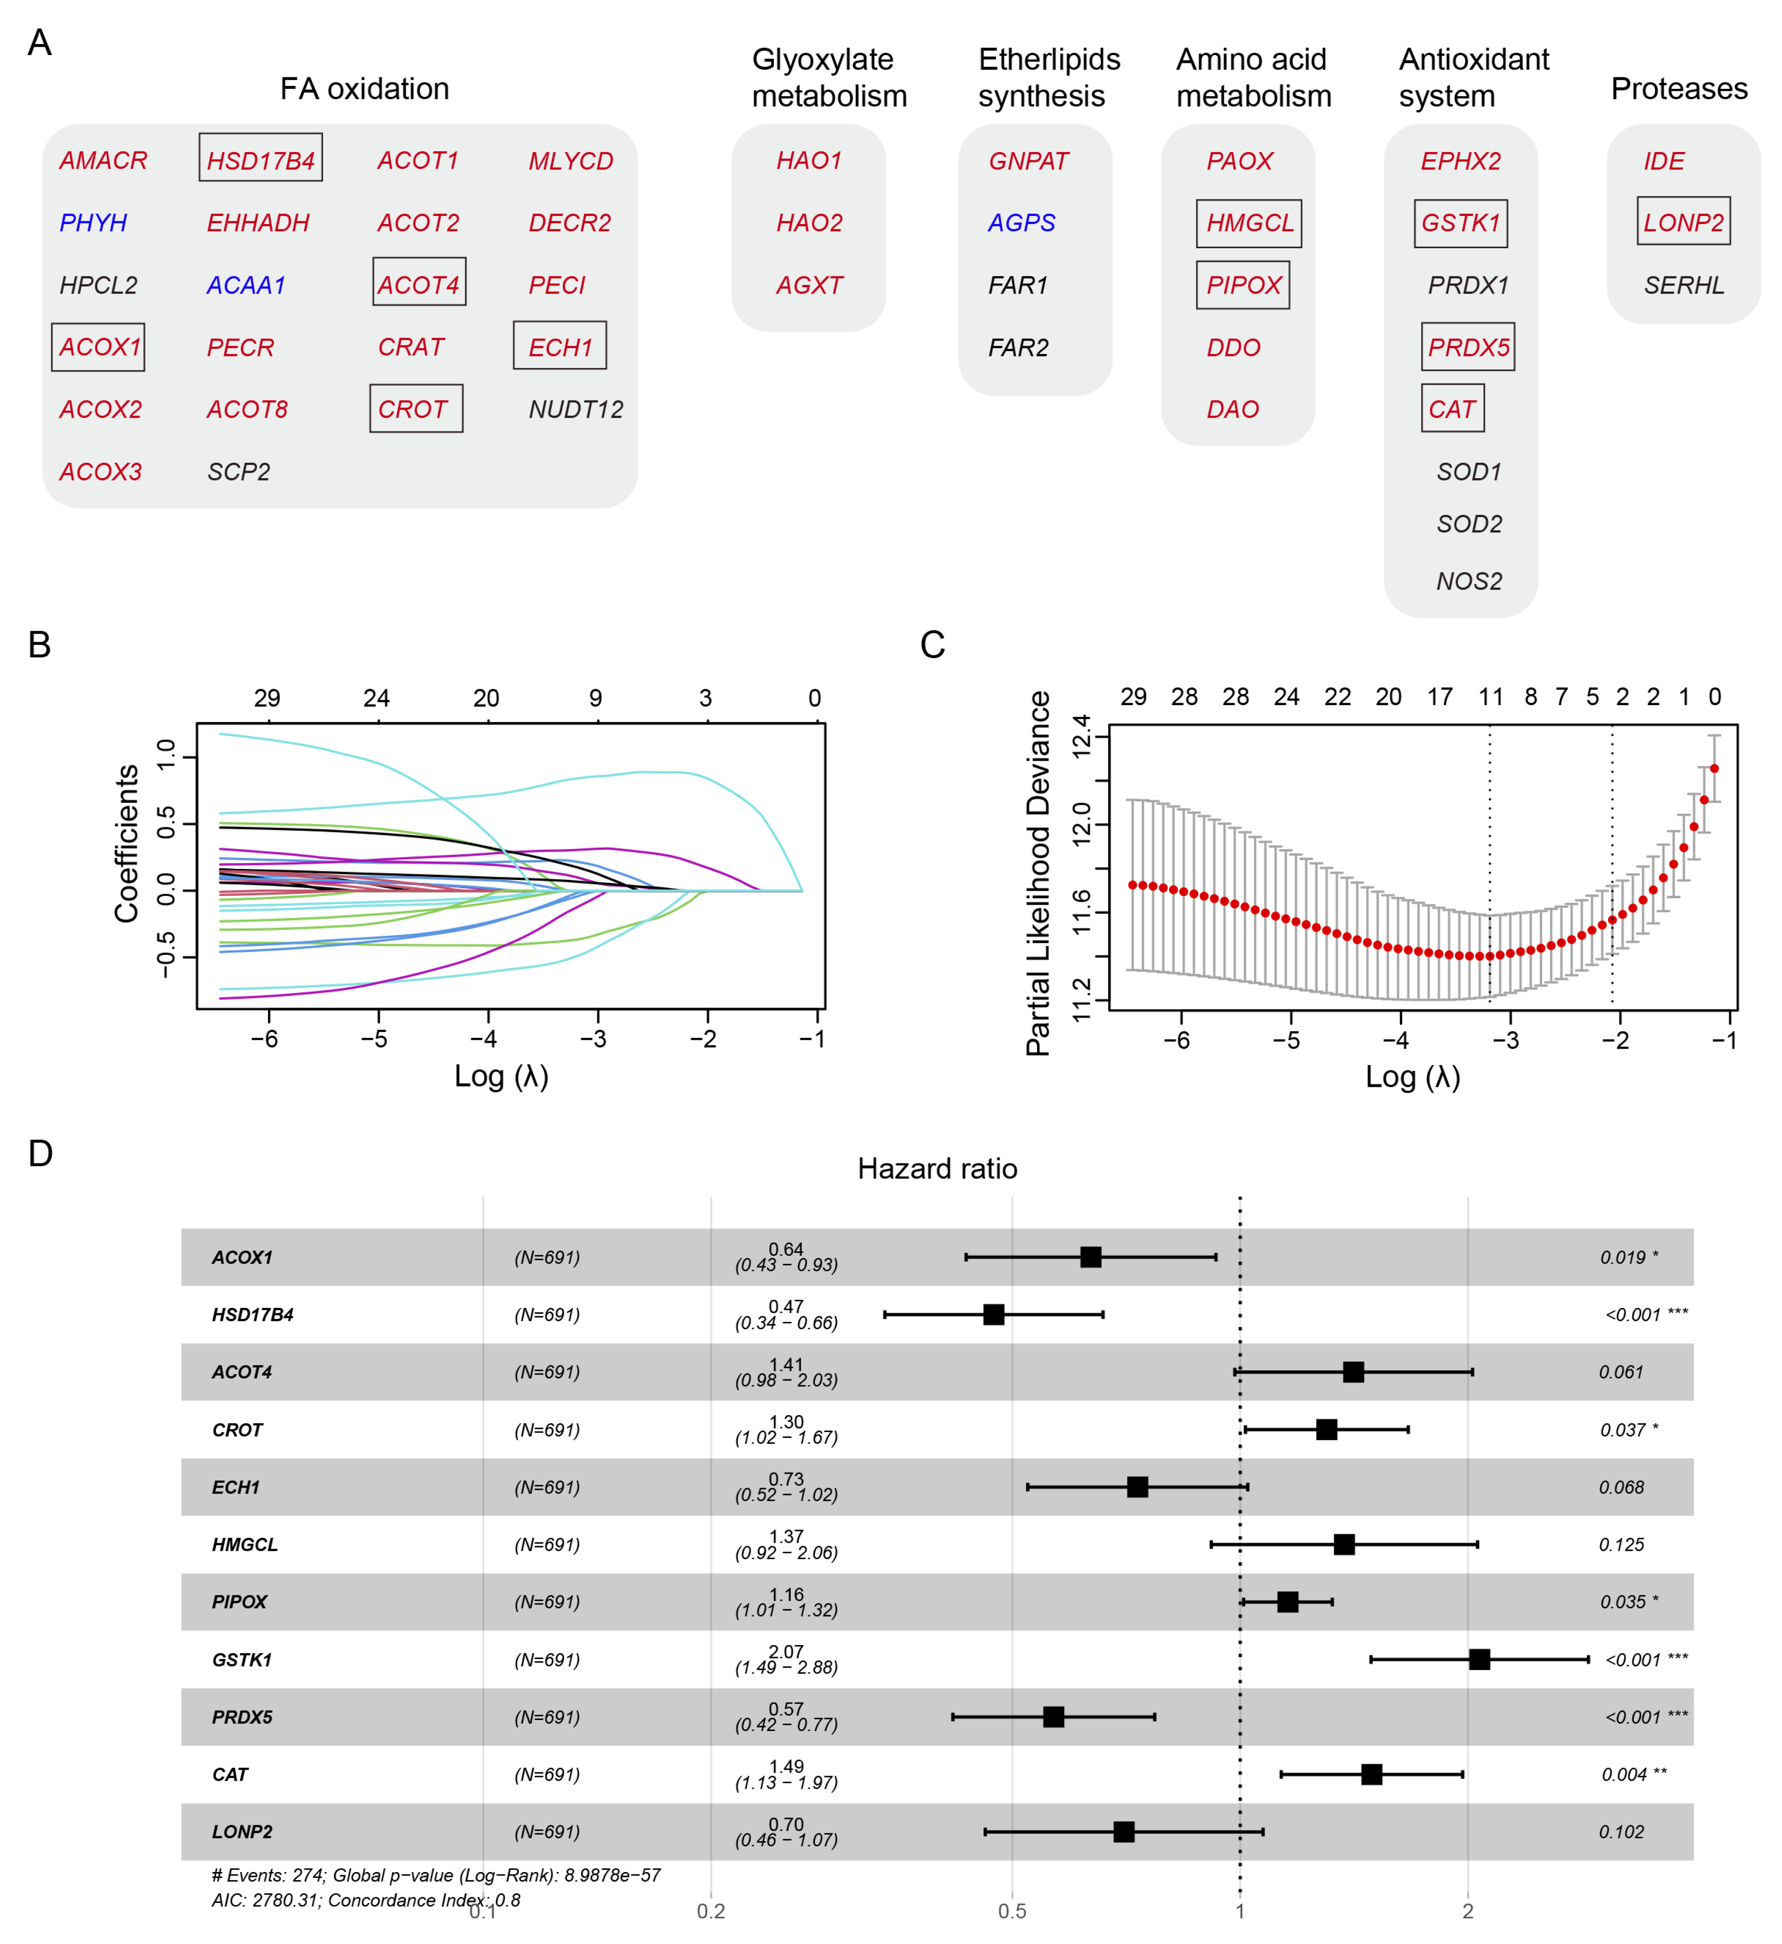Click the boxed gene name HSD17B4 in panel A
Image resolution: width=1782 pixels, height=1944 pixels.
click(260, 160)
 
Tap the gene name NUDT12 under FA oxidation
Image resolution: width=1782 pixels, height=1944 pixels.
click(576, 410)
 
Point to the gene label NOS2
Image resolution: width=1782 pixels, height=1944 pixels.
click(1468, 582)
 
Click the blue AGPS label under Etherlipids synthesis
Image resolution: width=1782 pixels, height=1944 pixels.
click(1021, 223)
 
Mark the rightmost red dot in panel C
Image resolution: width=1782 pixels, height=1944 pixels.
click(1713, 768)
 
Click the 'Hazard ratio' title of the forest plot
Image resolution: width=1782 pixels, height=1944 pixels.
click(936, 1169)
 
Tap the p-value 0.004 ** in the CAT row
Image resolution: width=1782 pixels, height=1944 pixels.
click(1634, 1774)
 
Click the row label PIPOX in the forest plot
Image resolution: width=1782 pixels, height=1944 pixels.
click(239, 1602)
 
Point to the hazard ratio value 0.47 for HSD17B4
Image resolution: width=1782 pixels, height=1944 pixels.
click(786, 1306)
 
